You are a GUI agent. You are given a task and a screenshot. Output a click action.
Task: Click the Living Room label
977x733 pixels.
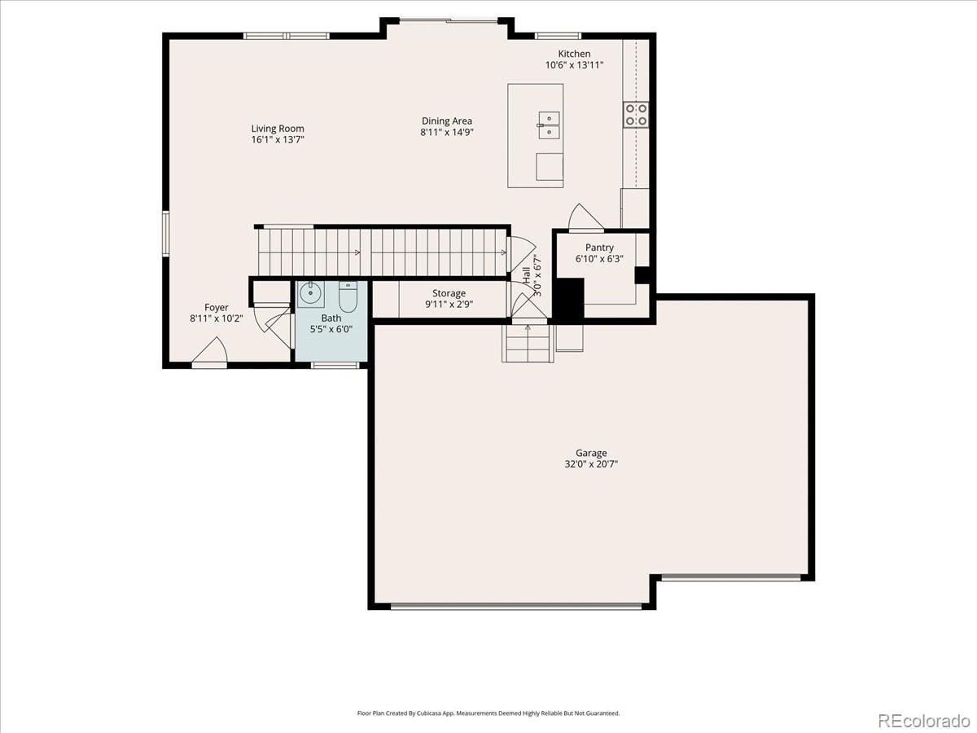click(x=278, y=129)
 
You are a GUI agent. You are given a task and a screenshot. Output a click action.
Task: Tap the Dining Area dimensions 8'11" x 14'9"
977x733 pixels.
click(x=446, y=132)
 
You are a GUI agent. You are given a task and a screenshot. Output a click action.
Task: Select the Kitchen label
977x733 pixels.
click(x=574, y=54)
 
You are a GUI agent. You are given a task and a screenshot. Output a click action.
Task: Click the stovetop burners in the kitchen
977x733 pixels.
click(x=636, y=115)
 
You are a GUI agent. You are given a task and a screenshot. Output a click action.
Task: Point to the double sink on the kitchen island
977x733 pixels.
click(x=549, y=125)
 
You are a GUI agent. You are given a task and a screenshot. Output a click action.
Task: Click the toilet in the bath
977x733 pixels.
click(x=348, y=296)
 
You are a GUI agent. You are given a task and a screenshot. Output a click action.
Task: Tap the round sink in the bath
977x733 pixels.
click(x=310, y=294)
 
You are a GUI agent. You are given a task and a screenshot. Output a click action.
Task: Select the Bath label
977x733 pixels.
click(x=331, y=318)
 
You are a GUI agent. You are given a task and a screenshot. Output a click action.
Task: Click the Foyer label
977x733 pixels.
click(x=217, y=308)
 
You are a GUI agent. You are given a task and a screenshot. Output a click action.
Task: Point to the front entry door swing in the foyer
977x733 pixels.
click(x=210, y=350)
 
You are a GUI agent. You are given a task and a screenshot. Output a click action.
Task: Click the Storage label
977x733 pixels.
click(x=449, y=293)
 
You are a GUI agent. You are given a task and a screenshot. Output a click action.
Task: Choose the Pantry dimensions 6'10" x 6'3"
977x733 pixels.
click(x=599, y=258)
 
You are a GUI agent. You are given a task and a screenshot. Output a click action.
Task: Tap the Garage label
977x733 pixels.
click(x=591, y=453)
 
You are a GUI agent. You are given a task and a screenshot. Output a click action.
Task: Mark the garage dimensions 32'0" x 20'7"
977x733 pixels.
click(x=591, y=464)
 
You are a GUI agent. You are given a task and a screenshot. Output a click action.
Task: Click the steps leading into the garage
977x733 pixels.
click(x=528, y=343)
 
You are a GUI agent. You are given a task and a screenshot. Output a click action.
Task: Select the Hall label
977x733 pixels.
click(x=526, y=275)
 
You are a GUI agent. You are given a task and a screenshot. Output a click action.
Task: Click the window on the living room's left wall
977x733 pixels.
click(x=165, y=234)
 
